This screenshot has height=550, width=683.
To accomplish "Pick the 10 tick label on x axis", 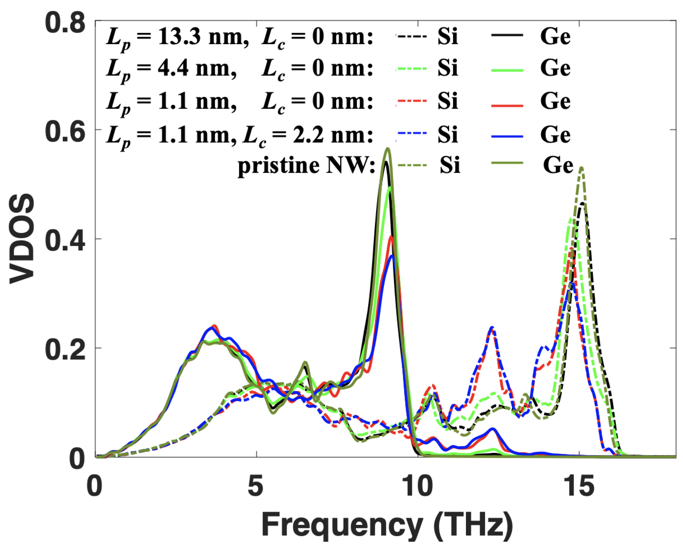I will (x=417, y=486).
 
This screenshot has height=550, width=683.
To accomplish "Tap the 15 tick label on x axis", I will (x=580, y=486).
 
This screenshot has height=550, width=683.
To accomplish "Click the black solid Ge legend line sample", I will (x=507, y=35).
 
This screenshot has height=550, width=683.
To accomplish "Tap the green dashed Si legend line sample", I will (x=411, y=69).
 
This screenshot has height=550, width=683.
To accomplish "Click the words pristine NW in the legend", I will (x=306, y=166).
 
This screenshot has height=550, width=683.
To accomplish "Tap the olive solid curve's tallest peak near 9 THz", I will (x=388, y=149).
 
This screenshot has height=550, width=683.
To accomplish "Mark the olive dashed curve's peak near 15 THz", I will (x=582, y=168).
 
